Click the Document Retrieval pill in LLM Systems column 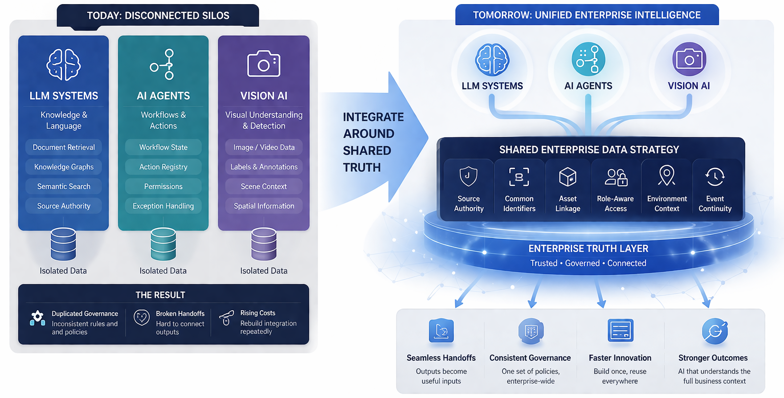click(x=64, y=147)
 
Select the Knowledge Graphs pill click(x=64, y=167)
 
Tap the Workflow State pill click(x=163, y=147)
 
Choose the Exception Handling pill click(x=163, y=206)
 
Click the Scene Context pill click(x=264, y=187)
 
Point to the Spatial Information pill click(x=264, y=206)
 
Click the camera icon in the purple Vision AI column click(x=263, y=64)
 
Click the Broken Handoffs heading click(x=180, y=314)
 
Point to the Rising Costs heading click(x=258, y=313)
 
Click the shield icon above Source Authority click(x=469, y=177)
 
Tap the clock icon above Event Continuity click(x=715, y=177)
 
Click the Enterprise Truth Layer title click(x=588, y=249)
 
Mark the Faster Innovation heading click(x=620, y=358)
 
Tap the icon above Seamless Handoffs click(x=441, y=331)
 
